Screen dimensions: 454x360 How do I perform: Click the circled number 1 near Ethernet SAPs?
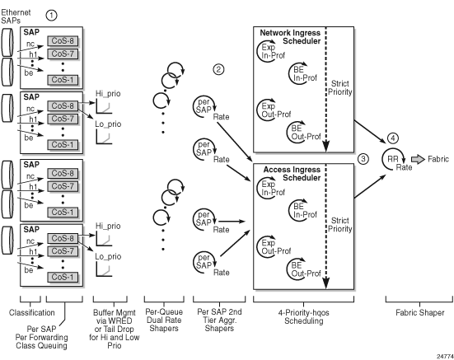(51, 15)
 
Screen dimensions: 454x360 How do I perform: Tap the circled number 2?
(218, 69)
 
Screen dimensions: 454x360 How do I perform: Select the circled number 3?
(363, 159)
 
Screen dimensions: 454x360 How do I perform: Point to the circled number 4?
(393, 138)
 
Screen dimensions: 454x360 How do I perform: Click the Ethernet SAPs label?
(16, 16)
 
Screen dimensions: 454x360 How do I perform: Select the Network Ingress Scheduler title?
(290, 37)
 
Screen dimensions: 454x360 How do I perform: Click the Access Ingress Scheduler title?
(292, 173)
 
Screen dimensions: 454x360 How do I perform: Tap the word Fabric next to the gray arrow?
(438, 159)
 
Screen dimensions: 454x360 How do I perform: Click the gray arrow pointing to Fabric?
(418, 160)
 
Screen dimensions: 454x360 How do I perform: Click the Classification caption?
(32, 312)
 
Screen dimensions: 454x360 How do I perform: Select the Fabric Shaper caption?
(420, 312)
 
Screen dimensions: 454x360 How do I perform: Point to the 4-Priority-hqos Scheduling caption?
(304, 316)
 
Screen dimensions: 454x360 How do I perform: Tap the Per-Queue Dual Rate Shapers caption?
(164, 320)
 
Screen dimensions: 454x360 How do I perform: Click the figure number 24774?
(445, 356)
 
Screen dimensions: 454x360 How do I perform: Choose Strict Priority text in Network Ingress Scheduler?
(340, 87)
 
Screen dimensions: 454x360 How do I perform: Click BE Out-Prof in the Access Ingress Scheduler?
(306, 269)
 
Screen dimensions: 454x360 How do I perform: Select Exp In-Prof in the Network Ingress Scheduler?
(274, 51)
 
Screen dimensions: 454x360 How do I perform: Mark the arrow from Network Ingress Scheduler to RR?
(370, 132)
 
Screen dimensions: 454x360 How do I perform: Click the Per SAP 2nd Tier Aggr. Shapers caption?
(219, 320)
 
